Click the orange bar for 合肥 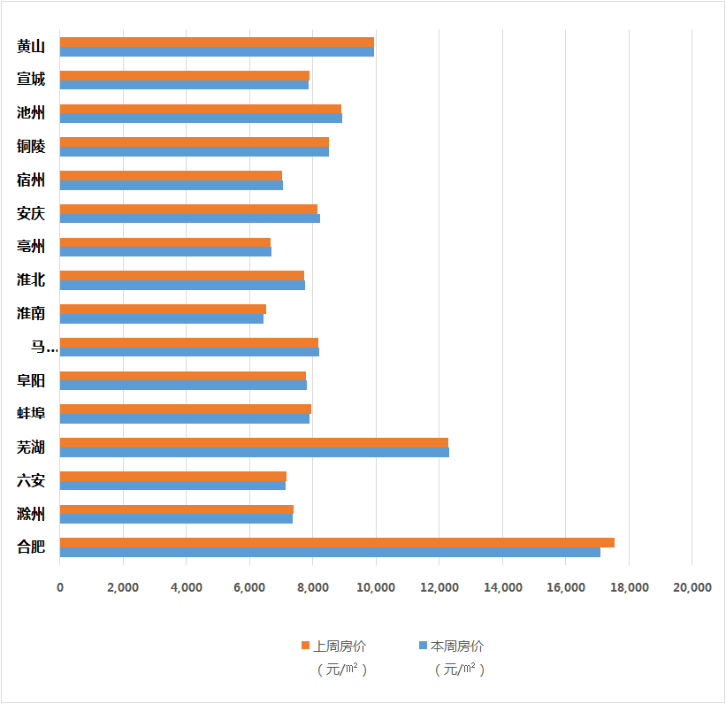(337, 542)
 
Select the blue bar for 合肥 (330, 553)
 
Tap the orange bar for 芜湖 (254, 442)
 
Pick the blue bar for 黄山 (217, 52)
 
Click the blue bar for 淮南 (162, 318)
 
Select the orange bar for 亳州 (165, 242)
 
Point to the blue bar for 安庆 (190, 218)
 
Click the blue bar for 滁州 (176, 519)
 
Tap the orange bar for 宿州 (171, 175)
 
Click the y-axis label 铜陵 (31, 146)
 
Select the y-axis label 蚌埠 (31, 413)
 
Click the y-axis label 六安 (31, 480)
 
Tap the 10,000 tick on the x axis (376, 587)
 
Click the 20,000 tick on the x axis (692, 587)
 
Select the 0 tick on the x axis (60, 587)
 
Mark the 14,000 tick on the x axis (502, 587)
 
